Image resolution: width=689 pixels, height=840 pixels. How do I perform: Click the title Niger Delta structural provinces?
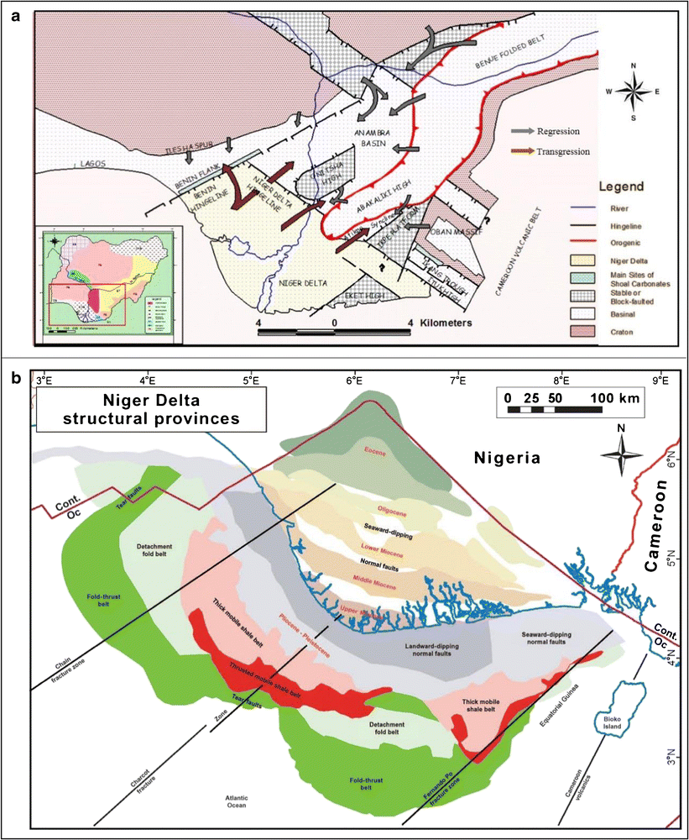point(149,409)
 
